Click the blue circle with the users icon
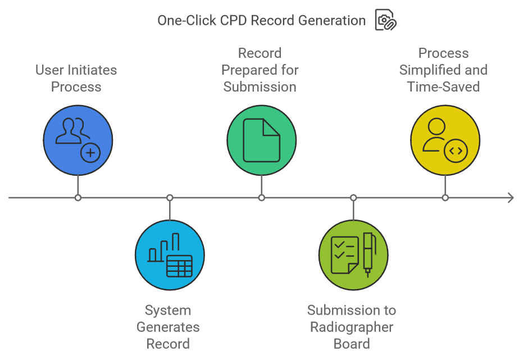pos(78,140)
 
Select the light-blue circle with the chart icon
pos(170,255)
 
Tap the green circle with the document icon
pos(261,140)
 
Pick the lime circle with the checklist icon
pos(353,255)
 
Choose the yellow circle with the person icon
pos(445,140)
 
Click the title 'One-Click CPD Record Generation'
pos(261,21)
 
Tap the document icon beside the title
pos(385,20)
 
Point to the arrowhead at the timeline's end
pos(510,198)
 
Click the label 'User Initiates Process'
pos(76,79)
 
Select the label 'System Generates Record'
pos(168,327)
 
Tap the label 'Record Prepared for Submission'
pos(260,70)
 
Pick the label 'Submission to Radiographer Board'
pos(352,327)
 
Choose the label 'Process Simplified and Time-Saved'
pos(444,70)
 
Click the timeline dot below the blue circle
pos(78,198)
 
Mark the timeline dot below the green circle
pos(262,198)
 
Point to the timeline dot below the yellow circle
pos(445,198)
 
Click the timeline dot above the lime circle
pos(353,198)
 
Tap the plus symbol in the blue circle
pos(90,152)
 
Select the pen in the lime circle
pos(368,254)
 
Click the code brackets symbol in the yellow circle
pos(456,151)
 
